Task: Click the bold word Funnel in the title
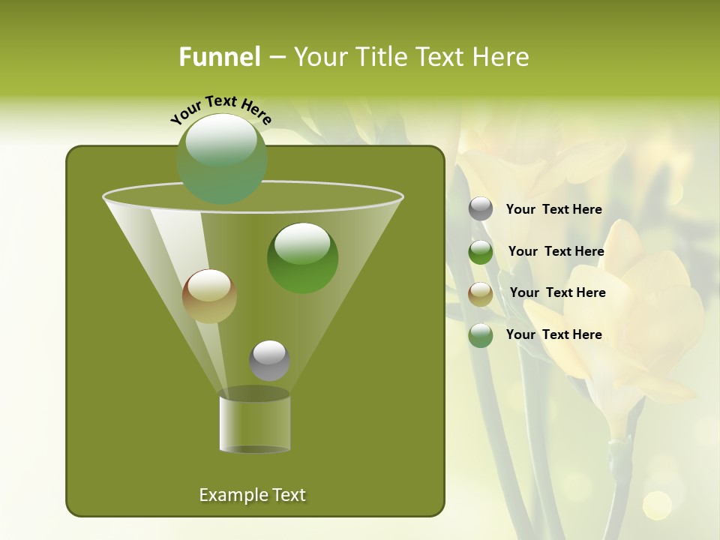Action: click(x=219, y=57)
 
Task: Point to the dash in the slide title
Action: click(x=276, y=58)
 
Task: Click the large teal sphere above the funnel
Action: click(x=222, y=159)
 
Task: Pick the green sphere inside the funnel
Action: click(x=302, y=257)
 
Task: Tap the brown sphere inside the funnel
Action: click(x=209, y=295)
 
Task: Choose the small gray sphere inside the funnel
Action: click(x=269, y=360)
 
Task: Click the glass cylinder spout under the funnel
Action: click(x=255, y=424)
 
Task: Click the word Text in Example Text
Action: click(x=287, y=495)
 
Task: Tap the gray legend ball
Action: click(x=481, y=209)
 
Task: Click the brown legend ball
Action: click(x=481, y=293)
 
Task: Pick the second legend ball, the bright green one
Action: click(x=481, y=252)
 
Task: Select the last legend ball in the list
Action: click(x=481, y=335)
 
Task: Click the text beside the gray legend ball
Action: click(x=553, y=210)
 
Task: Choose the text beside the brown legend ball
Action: click(x=557, y=293)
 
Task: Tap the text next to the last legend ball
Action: click(x=553, y=335)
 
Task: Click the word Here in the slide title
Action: click(x=499, y=57)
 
